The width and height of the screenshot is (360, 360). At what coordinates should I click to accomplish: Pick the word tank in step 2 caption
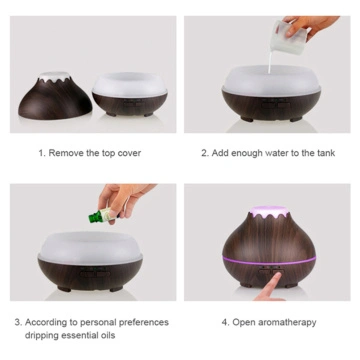[x=324, y=153]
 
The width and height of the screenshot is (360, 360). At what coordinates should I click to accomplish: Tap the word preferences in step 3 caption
[x=143, y=322]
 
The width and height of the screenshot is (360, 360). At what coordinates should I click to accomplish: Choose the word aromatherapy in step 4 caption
[x=287, y=322]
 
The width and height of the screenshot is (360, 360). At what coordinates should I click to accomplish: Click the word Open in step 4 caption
[x=243, y=322]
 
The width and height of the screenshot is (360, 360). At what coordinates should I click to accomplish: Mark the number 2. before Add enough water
[x=204, y=153]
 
